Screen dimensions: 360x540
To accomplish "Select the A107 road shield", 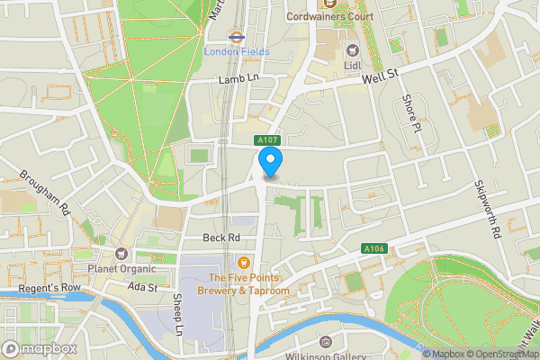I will (266, 140).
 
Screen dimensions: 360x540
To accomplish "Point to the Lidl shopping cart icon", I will (352, 50).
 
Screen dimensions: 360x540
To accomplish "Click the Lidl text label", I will (352, 66).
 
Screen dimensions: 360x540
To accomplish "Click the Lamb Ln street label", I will (238, 80).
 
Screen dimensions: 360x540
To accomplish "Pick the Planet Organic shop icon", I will (121, 254).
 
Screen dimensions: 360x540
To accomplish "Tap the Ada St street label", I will (142, 287).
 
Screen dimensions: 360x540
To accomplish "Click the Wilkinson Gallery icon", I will (326, 343).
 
